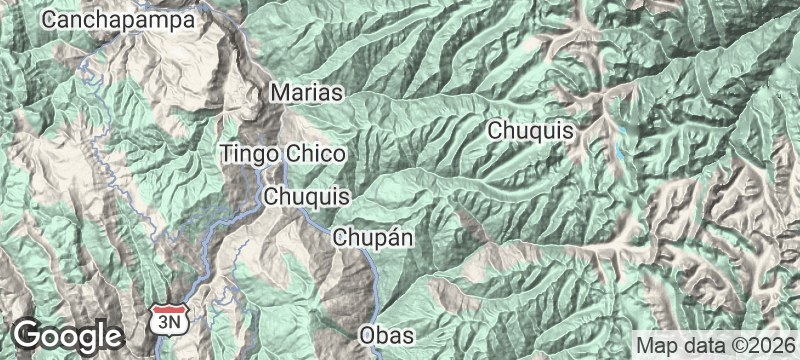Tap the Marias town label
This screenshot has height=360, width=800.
pos(307,93)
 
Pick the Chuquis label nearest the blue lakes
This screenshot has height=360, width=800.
pos(530,130)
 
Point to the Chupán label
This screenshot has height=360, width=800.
pos(373,238)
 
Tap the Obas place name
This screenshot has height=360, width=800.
pos(385,332)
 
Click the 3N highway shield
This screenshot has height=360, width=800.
pos(165,320)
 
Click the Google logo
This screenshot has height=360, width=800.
pos(66,333)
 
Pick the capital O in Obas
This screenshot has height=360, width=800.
pos(366,332)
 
